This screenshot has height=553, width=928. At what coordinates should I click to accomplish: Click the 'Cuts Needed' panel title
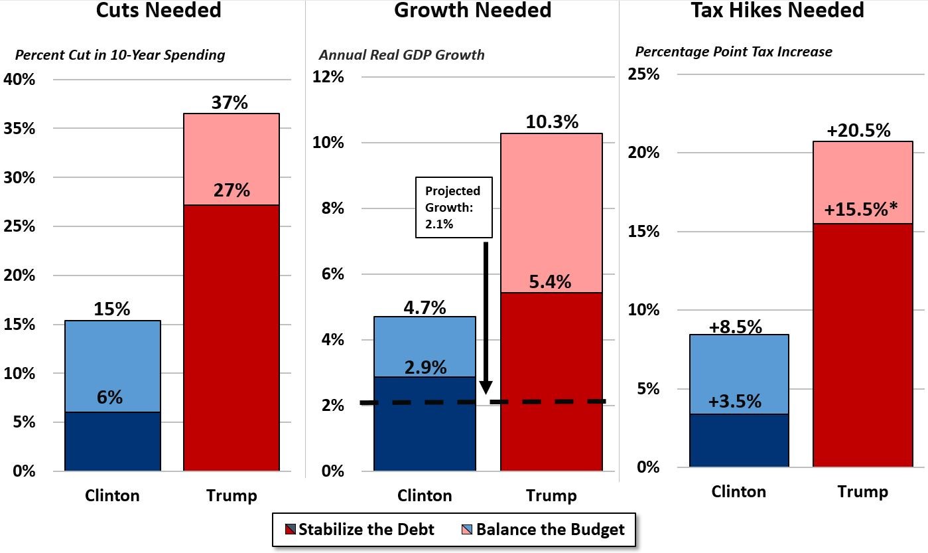(159, 11)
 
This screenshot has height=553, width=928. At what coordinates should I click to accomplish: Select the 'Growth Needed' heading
(472, 11)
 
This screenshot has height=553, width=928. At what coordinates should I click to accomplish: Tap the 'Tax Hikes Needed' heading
(777, 11)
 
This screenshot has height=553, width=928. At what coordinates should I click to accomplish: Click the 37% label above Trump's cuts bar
(230, 103)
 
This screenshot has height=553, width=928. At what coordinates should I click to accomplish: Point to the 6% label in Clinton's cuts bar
(109, 398)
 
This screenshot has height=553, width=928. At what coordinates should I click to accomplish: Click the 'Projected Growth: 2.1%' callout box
(454, 207)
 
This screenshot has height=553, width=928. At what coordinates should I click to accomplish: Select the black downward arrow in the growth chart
(486, 319)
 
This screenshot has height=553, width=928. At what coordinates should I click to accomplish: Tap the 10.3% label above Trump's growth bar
(551, 122)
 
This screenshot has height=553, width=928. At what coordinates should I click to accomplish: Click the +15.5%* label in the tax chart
(860, 210)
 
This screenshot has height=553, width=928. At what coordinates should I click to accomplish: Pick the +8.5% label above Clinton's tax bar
(735, 327)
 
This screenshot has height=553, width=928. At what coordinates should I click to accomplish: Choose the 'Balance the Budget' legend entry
(542, 530)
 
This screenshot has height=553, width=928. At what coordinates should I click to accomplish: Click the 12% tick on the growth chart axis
(328, 77)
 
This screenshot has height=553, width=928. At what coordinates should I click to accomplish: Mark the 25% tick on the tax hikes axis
(643, 74)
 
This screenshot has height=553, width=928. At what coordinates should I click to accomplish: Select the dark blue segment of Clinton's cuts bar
(112, 441)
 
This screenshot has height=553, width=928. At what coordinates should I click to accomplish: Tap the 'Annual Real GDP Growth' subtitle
(401, 54)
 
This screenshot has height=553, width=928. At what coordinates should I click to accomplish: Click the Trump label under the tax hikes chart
(862, 492)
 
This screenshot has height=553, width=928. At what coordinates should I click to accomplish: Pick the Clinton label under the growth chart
(425, 496)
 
